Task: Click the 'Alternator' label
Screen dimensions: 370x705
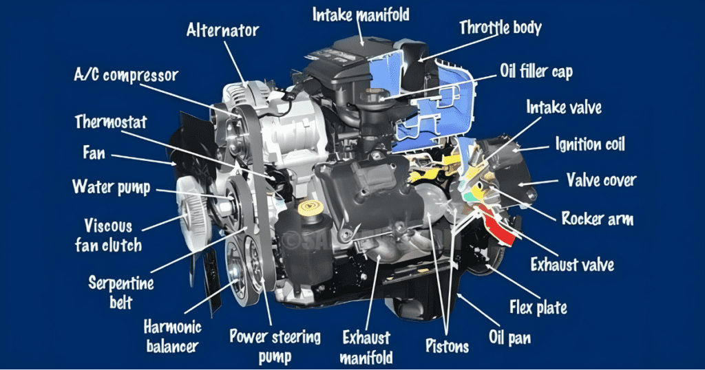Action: (x=222, y=30)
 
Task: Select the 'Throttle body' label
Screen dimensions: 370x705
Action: (x=501, y=28)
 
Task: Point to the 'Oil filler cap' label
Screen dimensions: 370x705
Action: (x=536, y=71)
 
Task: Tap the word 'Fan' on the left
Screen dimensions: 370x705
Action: (x=94, y=151)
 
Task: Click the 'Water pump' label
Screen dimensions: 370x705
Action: (x=112, y=186)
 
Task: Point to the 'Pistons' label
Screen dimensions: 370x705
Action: (x=447, y=346)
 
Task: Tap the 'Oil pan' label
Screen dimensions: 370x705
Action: (x=510, y=337)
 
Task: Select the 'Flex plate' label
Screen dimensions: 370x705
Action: (x=538, y=306)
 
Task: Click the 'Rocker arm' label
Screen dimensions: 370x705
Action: (x=598, y=219)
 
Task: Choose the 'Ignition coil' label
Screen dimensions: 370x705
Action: (x=590, y=144)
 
